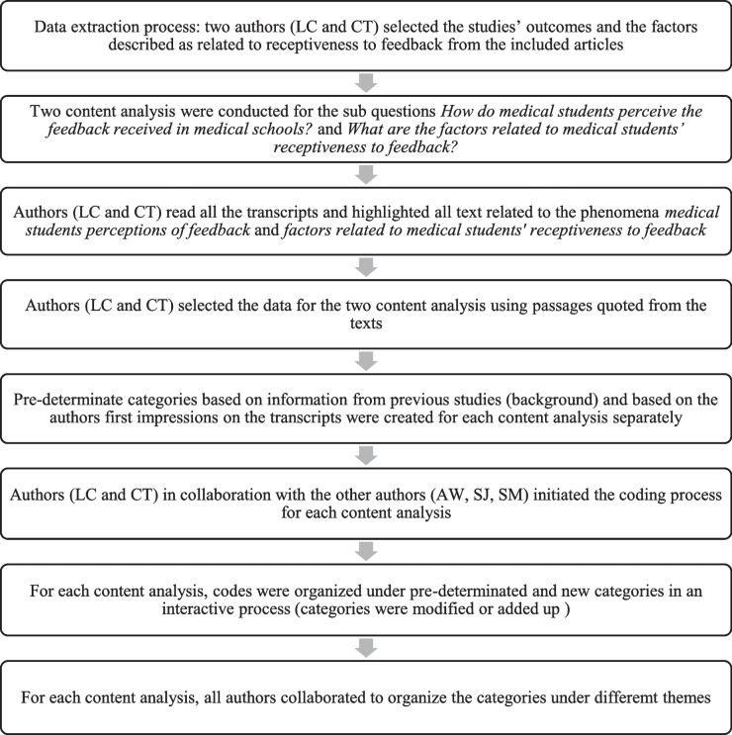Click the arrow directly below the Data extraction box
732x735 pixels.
pyautogui.click(x=367, y=82)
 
